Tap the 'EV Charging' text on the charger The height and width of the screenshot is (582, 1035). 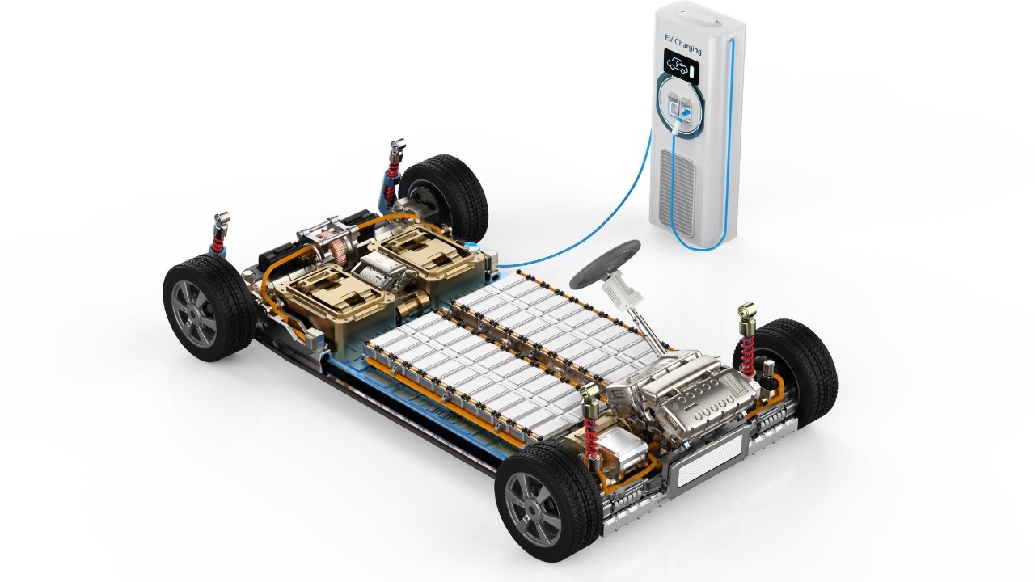point(683,44)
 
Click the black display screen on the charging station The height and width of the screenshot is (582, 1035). point(682,66)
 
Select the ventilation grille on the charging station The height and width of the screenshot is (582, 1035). point(678,192)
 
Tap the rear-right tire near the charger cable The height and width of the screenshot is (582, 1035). point(444,198)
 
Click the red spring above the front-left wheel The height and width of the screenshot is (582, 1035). point(590,436)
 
